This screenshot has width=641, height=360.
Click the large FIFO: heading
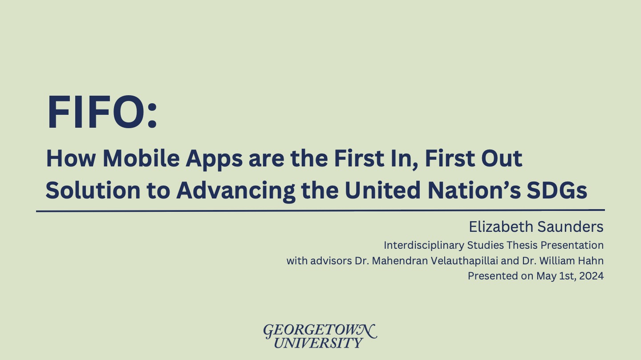[102, 112]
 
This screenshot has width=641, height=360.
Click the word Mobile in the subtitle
[141, 158]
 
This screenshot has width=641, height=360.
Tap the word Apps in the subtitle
[214, 160]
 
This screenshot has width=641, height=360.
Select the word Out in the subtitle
[502, 158]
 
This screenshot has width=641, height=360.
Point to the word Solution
[93, 190]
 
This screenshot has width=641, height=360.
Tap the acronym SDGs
[557, 190]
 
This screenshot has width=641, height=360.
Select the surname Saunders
[570, 227]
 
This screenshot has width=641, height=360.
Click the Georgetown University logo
[320, 336]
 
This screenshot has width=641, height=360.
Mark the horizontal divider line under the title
[320, 211]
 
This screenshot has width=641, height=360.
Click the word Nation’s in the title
[474, 190]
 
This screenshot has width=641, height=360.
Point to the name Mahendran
[400, 261]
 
